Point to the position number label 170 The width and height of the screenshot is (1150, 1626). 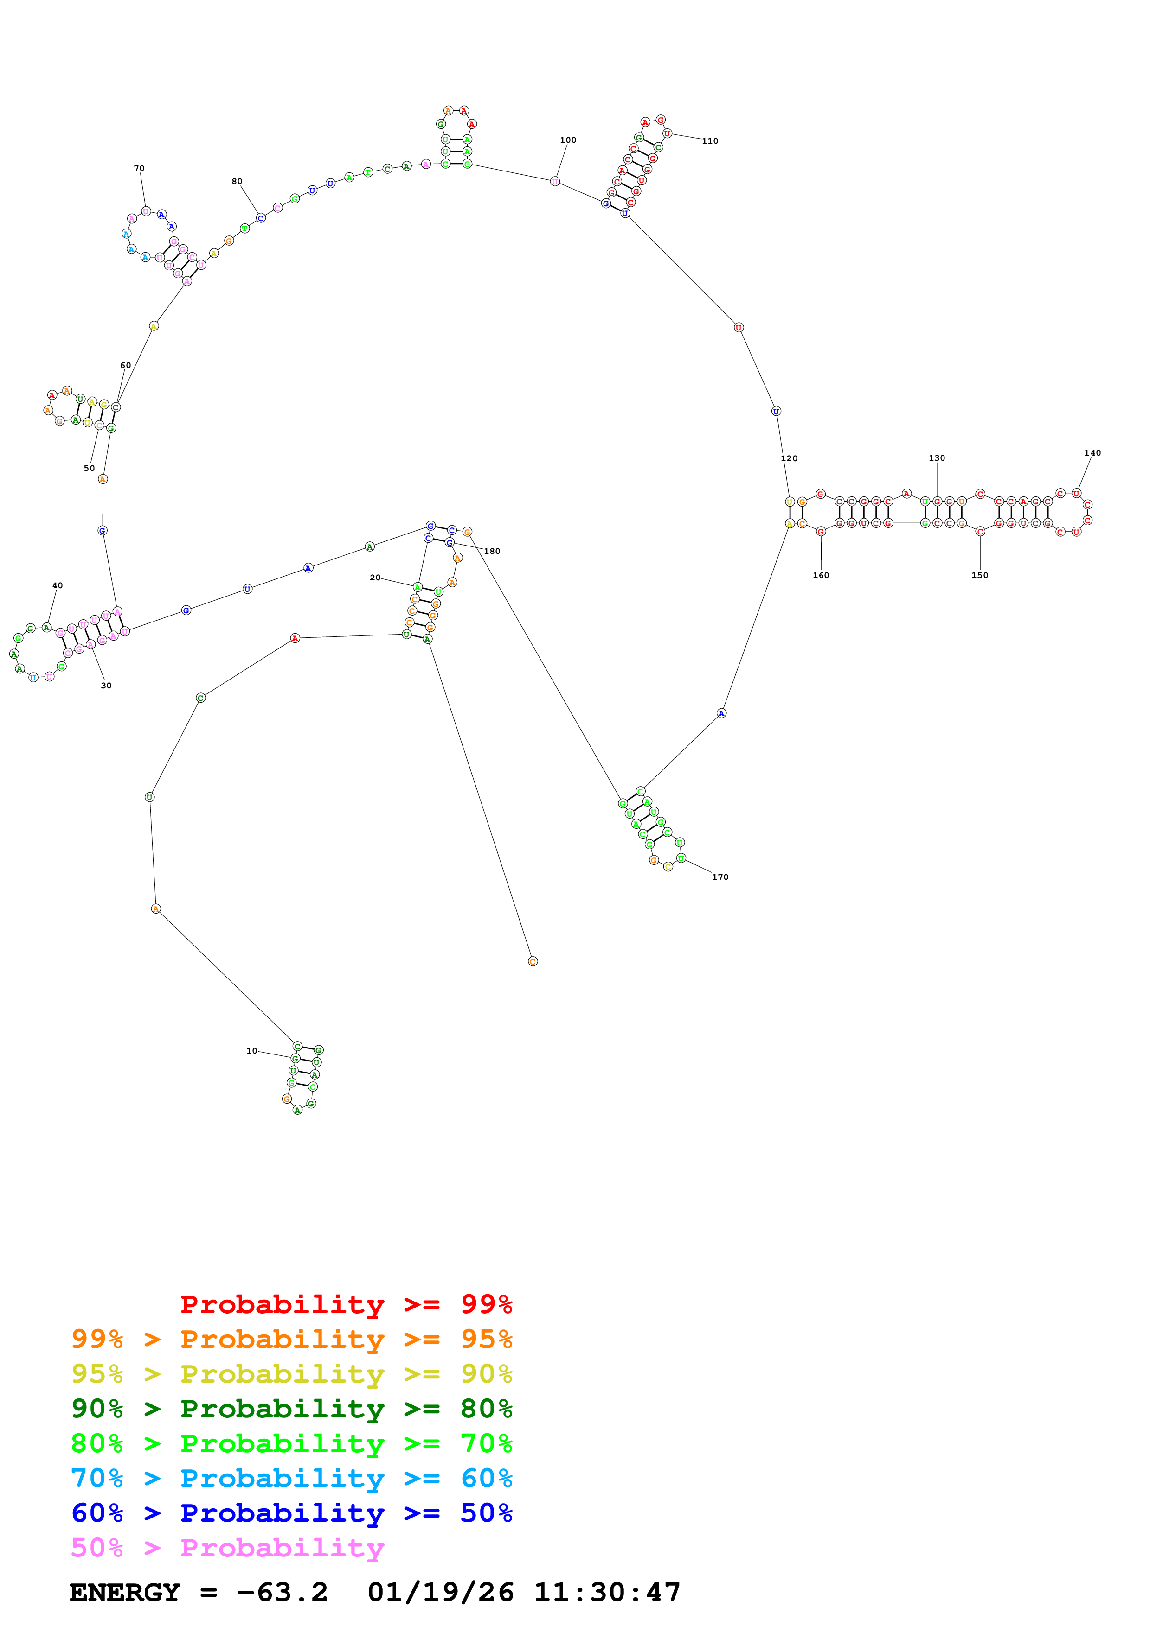coord(720,877)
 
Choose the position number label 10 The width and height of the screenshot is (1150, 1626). coord(251,1051)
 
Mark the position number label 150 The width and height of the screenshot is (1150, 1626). coord(979,575)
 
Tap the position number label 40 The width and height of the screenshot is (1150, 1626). coord(58,586)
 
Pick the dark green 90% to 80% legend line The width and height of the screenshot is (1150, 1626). coord(291,1409)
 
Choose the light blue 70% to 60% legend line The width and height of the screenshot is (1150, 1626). coord(291,1478)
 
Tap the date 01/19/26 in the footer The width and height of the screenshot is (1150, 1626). coord(440,1592)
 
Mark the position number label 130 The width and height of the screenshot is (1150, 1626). coord(936,458)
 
